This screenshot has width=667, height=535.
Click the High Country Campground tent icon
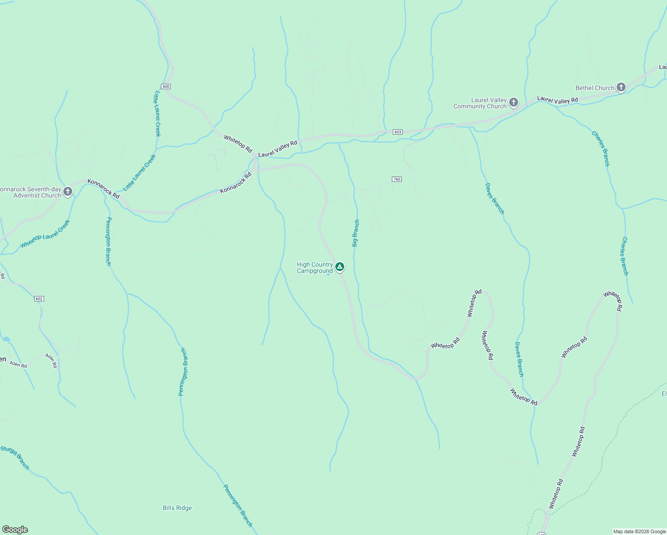click(340, 267)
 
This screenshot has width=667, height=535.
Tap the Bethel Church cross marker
click(621, 87)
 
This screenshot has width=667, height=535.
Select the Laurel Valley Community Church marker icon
click(514, 103)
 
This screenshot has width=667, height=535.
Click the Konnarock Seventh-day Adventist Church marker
click(68, 192)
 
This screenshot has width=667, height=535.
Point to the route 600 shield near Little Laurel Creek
click(166, 86)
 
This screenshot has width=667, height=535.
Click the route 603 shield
click(398, 132)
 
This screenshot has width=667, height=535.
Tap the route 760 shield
click(397, 179)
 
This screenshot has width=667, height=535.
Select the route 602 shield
click(39, 299)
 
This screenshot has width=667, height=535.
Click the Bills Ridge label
click(177, 508)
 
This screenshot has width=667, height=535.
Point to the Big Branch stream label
click(355, 233)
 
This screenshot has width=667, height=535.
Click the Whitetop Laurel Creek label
click(45, 234)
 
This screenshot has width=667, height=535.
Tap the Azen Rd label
click(18, 364)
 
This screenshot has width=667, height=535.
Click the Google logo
click(15, 530)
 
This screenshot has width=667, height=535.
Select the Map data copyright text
click(639, 531)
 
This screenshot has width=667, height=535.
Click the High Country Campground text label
click(315, 268)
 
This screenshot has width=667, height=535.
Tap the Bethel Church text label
click(595, 88)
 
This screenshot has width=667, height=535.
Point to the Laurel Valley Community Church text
click(480, 103)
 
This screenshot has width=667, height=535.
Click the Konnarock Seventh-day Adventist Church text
click(30, 192)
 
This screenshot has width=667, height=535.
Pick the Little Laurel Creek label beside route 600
click(157, 114)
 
